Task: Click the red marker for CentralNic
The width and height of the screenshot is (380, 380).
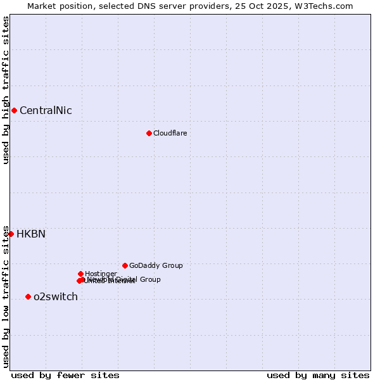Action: coord(14,110)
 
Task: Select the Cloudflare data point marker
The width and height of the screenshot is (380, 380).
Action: coord(149,133)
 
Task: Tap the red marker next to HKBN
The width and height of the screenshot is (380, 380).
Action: coord(11,234)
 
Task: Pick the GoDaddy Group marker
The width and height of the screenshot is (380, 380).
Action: coord(125,265)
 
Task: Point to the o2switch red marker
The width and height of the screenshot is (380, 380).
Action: coord(28,296)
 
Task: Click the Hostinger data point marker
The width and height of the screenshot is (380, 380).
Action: coord(80,274)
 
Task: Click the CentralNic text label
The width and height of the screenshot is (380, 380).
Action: coord(46,111)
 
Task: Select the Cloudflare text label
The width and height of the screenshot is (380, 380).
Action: coord(170,133)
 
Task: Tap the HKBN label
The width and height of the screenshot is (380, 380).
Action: coord(31,234)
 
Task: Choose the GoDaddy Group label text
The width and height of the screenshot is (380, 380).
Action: coord(156,266)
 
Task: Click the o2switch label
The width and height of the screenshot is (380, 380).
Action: coord(56,297)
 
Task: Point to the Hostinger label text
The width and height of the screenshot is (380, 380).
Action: coord(101,274)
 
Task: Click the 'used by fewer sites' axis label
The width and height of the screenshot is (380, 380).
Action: coord(65,375)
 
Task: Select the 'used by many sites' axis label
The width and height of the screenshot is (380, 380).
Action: coord(318,375)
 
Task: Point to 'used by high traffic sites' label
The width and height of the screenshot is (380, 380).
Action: coord(6,90)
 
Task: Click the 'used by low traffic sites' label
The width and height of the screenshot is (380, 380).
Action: coord(6,296)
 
